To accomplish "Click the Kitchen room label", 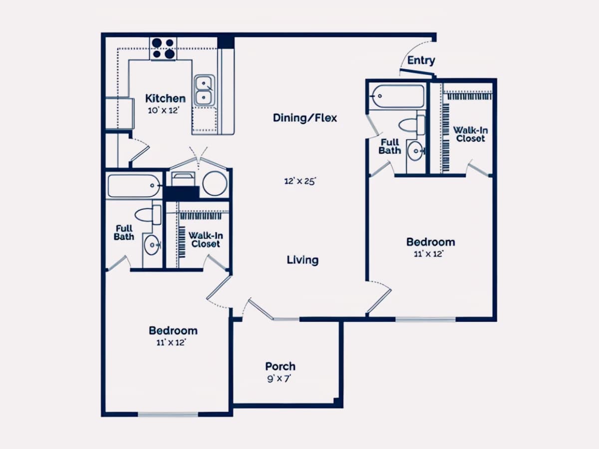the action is pyautogui.click(x=165, y=98).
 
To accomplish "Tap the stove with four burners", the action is pyautogui.click(x=163, y=49).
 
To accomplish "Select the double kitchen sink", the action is pyautogui.click(x=204, y=90).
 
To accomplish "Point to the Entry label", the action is pyautogui.click(x=421, y=60).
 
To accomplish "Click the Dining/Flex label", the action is pyautogui.click(x=305, y=118).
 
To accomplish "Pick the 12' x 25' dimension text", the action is pyautogui.click(x=300, y=181).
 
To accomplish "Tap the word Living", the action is pyautogui.click(x=302, y=260).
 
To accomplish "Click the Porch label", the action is pyautogui.click(x=280, y=366).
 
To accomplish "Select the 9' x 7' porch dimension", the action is pyautogui.click(x=279, y=379).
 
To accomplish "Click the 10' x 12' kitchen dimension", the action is pyautogui.click(x=163, y=110).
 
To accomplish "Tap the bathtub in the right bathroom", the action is pyautogui.click(x=398, y=96).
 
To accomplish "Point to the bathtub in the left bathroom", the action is pyautogui.click(x=134, y=186).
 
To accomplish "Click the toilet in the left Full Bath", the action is pyautogui.click(x=148, y=215).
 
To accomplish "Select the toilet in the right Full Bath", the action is pyautogui.click(x=412, y=125).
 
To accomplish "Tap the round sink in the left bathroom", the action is pyautogui.click(x=152, y=245).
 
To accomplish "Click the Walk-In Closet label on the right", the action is pyautogui.click(x=471, y=134).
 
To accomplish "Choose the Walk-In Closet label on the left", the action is pyautogui.click(x=206, y=239).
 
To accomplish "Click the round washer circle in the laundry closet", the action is pyautogui.click(x=215, y=184).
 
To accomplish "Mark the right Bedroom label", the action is pyautogui.click(x=431, y=242).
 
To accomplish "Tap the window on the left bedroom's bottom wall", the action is pyautogui.click(x=168, y=415).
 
